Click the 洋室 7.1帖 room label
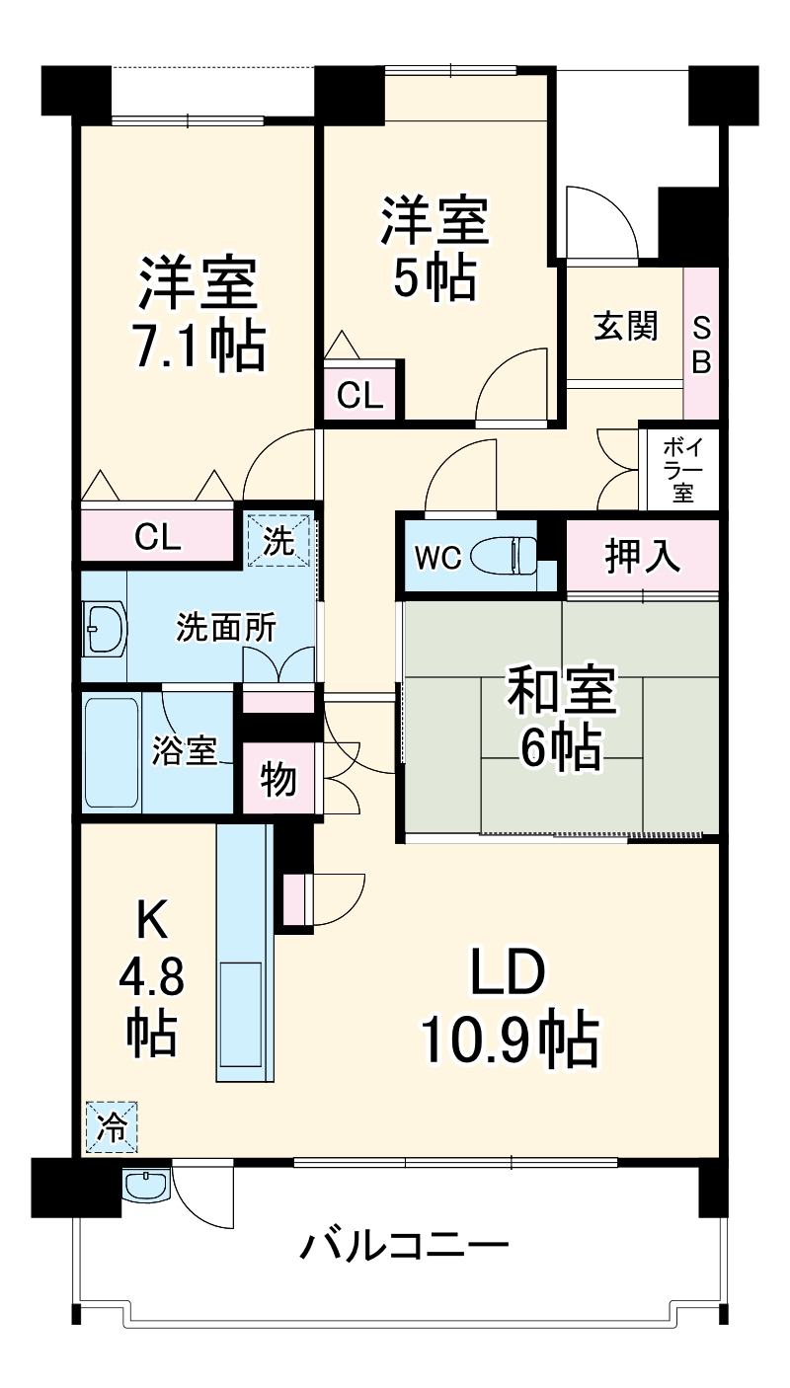(200, 314)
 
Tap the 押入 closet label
(642, 557)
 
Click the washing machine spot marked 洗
(278, 541)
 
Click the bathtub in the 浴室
(112, 752)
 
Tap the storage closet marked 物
(277, 780)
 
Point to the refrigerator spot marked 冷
(112, 1127)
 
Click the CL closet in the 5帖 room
(359, 395)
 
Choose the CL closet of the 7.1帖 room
(158, 537)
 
